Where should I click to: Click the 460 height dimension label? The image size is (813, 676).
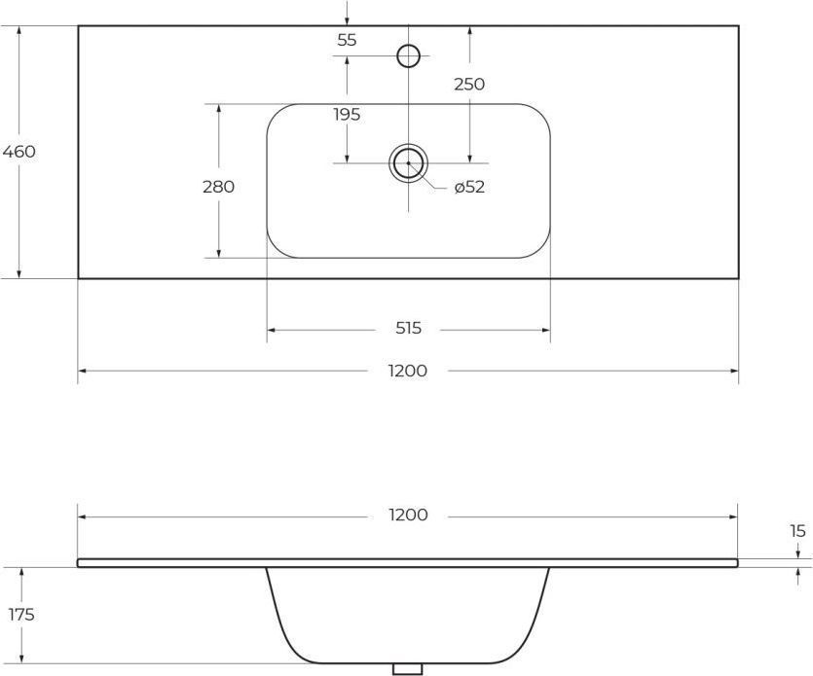tap(19, 152)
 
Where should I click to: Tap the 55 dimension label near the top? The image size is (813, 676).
tap(347, 40)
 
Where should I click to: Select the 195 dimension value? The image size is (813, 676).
tap(347, 115)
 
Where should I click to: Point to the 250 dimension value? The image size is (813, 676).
tap(469, 84)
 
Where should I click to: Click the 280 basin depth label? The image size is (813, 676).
tap(219, 187)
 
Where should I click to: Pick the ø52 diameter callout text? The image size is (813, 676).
tap(469, 187)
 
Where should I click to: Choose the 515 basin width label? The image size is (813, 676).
tap(409, 328)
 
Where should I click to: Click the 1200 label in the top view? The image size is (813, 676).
tap(408, 371)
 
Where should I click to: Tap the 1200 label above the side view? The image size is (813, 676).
tap(409, 515)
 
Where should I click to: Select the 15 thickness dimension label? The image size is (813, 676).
tap(798, 531)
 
